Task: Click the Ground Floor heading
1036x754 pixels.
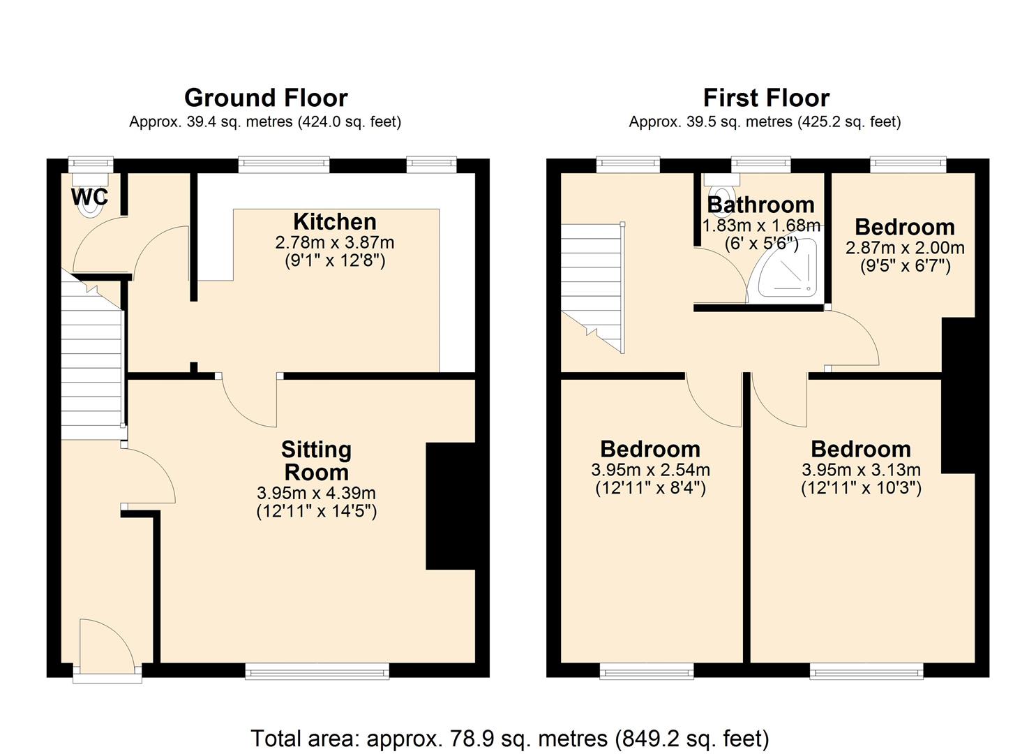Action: [x=266, y=98]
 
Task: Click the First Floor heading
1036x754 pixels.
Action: [x=765, y=98]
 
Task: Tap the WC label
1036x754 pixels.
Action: [x=89, y=198]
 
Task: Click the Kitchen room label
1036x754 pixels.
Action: [x=335, y=222]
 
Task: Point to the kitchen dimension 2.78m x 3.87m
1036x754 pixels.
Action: [x=335, y=243]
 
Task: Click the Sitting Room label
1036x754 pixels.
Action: [x=316, y=461]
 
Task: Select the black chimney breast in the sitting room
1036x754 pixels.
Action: [x=450, y=506]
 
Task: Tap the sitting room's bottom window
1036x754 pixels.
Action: [x=317, y=672]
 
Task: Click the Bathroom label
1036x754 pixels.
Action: [x=760, y=205]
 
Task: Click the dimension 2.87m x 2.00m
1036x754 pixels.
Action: [x=905, y=248]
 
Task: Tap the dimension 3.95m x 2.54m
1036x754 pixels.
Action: [x=650, y=470]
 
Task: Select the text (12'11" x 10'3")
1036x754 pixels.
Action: [x=861, y=488]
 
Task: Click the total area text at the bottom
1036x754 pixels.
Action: [x=509, y=738]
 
